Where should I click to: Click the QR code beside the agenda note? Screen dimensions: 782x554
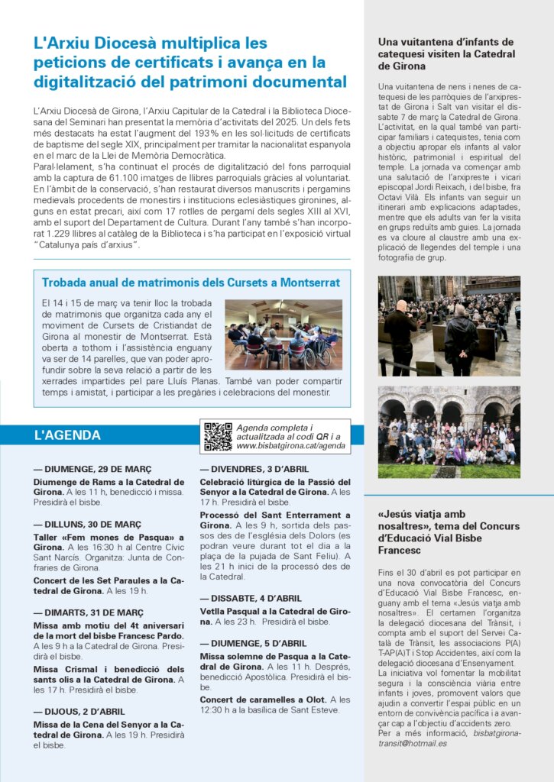(x=218, y=436)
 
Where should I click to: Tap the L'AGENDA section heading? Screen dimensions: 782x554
(x=67, y=435)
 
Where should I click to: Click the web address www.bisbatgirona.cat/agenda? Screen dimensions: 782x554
(x=290, y=445)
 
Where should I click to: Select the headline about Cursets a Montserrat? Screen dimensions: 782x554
(x=191, y=283)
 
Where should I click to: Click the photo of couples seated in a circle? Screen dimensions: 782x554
(x=283, y=334)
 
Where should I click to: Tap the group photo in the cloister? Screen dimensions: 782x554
(x=449, y=431)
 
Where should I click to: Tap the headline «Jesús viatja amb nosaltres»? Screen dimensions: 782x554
(x=449, y=526)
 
